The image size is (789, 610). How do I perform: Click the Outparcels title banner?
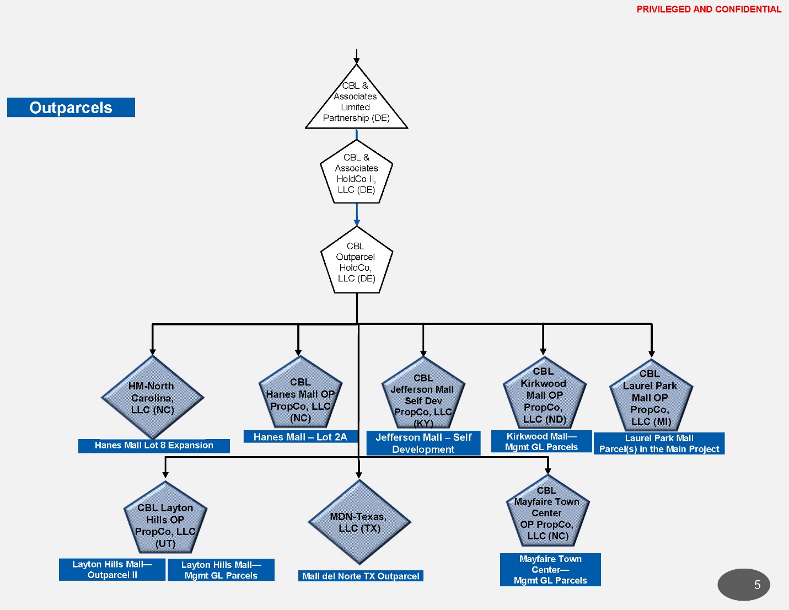coord(71,108)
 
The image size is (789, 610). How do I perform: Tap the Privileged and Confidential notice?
coord(709,9)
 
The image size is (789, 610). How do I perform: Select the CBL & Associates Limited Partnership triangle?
coord(356,103)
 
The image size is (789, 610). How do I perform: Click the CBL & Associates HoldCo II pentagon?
coord(356,173)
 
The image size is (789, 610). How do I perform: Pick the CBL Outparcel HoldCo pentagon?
coord(356,261)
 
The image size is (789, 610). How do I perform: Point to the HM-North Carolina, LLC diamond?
coord(153,398)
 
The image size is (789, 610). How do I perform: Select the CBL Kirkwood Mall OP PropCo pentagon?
coord(544,395)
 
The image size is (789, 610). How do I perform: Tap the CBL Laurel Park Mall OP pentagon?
coord(651,397)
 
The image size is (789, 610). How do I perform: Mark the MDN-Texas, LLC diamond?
coord(359,522)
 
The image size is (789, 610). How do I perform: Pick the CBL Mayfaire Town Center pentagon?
coord(547,513)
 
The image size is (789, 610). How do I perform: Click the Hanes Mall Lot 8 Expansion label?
coord(154,446)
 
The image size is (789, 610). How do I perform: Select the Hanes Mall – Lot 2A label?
coord(300,437)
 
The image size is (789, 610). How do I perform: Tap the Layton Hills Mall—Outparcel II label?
coord(112,570)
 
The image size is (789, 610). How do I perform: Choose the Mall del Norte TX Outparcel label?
coord(361,576)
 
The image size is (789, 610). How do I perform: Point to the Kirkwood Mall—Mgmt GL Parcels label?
coord(541,442)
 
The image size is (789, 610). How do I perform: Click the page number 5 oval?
coord(744,585)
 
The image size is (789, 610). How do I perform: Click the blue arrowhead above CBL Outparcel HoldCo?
coord(357,223)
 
